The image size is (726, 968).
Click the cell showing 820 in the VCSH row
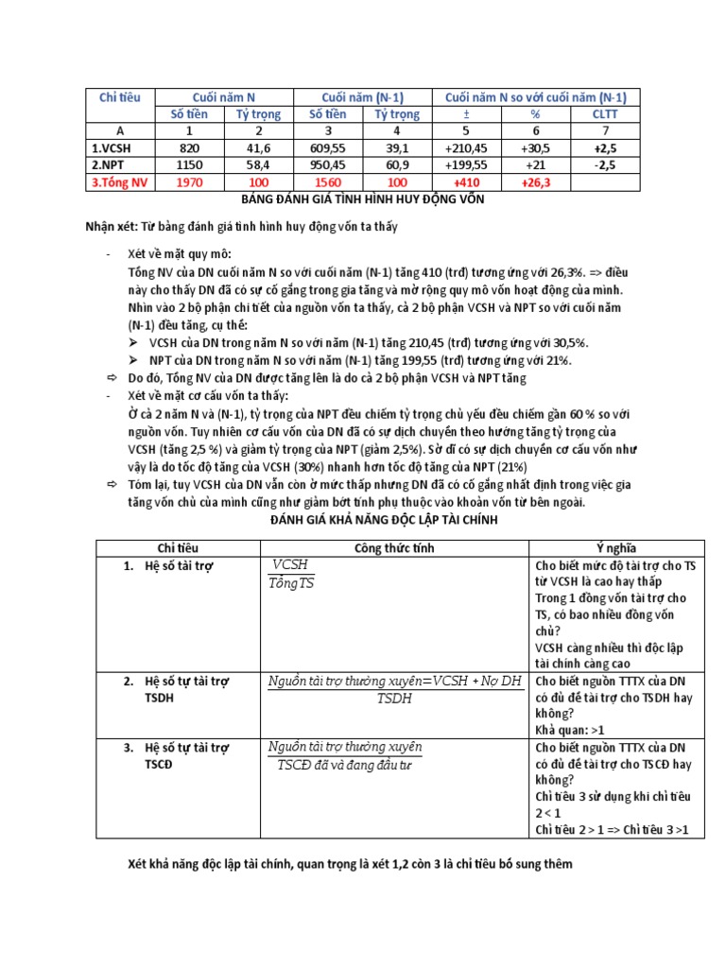[189, 147]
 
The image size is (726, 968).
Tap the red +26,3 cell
[535, 181]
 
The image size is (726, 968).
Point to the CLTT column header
[604, 114]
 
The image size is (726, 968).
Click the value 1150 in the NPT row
[189, 164]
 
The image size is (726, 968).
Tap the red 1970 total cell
[189, 181]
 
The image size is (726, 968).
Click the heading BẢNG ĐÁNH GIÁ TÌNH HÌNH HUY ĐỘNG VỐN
[362, 199]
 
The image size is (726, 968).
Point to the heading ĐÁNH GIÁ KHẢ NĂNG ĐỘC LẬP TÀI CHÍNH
[362, 520]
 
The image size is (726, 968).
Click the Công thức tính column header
[395, 548]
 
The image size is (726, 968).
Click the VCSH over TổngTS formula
[292, 574]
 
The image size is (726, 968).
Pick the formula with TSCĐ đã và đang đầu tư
[345, 755]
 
